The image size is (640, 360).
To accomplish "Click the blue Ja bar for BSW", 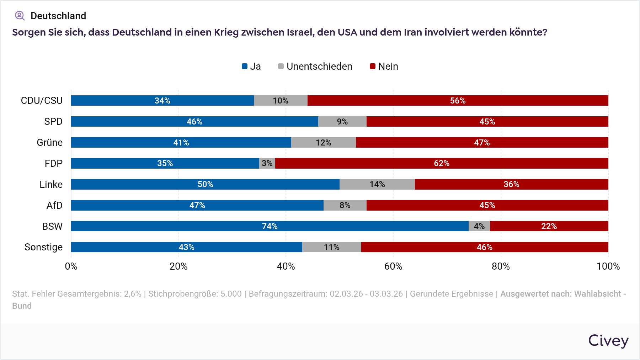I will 270,226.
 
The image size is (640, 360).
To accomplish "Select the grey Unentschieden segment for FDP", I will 267,163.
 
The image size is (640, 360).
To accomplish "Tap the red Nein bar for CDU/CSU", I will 458,101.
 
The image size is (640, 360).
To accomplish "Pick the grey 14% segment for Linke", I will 377,184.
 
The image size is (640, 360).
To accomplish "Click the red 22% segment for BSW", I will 549,226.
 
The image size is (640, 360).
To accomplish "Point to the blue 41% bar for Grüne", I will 181,143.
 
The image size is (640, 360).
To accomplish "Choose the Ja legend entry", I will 251,67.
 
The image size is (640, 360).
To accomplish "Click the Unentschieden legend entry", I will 315,67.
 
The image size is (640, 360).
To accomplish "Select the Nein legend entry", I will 384,67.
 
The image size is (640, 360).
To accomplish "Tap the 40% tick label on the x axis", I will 286,266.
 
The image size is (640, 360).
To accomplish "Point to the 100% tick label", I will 608,266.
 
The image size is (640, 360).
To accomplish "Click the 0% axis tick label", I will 71,266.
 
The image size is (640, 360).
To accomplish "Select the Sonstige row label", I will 43,247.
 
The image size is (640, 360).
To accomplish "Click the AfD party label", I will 54,205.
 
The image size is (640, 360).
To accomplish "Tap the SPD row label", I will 53,122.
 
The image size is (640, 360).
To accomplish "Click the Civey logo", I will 608,340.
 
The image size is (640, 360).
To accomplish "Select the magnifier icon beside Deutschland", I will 20,16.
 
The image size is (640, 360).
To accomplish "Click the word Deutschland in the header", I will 58,16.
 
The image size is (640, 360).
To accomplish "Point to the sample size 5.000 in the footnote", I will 231,294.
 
